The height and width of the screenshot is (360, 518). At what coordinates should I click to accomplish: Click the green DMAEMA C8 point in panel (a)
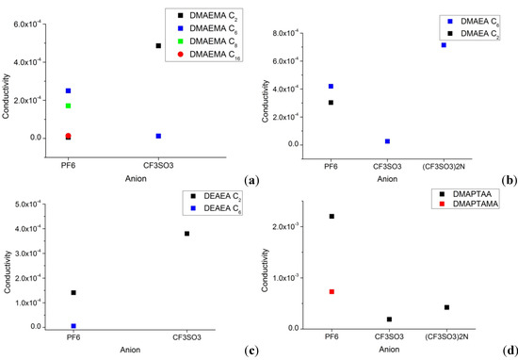click(68, 106)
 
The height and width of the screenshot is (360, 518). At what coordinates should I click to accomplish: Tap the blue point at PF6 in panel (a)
click(68, 90)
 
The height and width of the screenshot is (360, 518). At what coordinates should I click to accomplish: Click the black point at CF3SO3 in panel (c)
click(187, 233)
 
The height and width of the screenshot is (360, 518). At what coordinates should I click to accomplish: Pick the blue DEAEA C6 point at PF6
click(73, 326)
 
